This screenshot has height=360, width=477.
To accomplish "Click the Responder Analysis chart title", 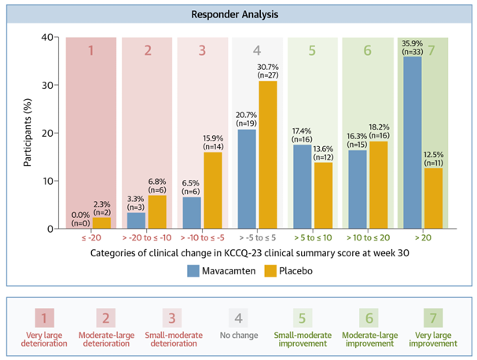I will point(238,14).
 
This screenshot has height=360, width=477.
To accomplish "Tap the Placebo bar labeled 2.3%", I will point(101,223).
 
